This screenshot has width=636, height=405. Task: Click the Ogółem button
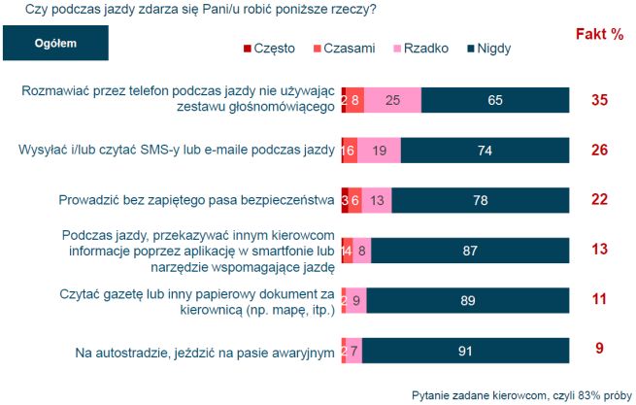tap(55, 44)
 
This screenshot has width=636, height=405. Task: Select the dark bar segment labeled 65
tap(495, 99)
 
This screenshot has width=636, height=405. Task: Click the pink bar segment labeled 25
tap(392, 99)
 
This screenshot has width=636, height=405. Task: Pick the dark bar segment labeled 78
tap(481, 200)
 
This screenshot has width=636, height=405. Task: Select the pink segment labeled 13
tap(376, 200)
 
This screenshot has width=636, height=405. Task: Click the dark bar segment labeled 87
tap(470, 251)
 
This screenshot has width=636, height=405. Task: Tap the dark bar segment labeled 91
tap(465, 351)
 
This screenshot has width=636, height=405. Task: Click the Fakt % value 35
tap(599, 99)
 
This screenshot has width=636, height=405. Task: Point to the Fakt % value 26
tap(599, 150)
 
